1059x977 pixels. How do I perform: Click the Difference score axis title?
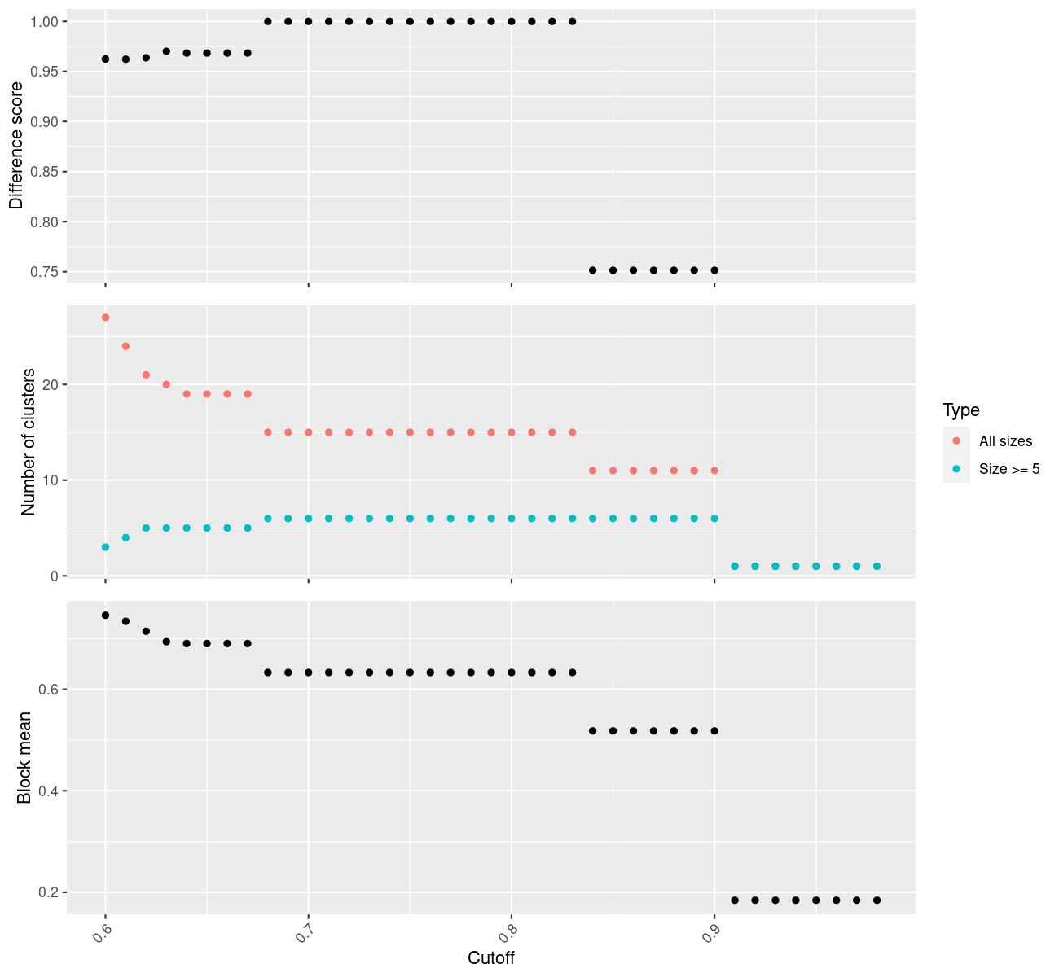click(16, 145)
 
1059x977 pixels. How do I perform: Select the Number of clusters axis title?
click(29, 442)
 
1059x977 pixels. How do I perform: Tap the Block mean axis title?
click(24, 757)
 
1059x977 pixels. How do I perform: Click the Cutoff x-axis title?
click(491, 957)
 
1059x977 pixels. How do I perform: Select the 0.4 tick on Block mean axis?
click(49, 791)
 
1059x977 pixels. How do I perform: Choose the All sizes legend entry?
click(1005, 441)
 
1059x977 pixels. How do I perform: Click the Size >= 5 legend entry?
click(1009, 469)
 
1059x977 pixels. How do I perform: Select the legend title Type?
click(960, 410)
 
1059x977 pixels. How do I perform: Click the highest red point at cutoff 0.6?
click(105, 318)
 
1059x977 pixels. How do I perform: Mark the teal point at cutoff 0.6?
click(105, 547)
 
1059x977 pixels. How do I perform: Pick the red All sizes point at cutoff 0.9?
click(714, 471)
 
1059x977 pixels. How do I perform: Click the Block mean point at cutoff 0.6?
click(105, 615)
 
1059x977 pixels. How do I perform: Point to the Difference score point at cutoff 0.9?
click(714, 270)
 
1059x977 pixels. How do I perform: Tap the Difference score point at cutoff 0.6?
click(105, 59)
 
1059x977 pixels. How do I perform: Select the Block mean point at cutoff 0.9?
click(714, 731)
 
